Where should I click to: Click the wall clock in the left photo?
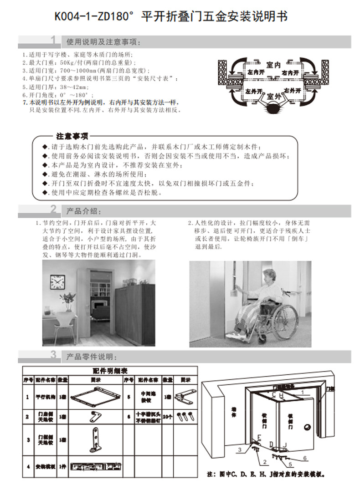pos(58,282)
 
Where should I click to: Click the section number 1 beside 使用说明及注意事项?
pos(54,41)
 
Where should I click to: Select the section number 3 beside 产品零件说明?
pos(54,355)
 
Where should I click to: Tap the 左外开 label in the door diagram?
pos(254,92)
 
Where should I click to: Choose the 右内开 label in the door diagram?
pos(290,73)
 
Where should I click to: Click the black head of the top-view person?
pos(273,108)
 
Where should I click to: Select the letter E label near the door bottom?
pos(259,438)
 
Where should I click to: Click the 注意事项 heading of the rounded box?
pos(72,136)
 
